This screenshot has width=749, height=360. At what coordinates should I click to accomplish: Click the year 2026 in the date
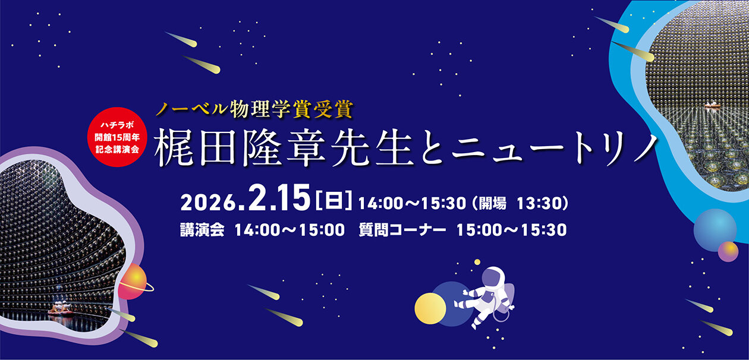pos(209,203)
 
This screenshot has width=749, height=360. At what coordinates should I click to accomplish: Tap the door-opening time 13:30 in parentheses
pos(537,203)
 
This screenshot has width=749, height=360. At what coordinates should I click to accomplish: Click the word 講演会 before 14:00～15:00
pos(202,230)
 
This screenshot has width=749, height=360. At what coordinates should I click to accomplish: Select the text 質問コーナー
pos(402,230)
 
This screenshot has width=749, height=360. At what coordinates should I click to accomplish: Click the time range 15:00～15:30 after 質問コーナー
pos(511,230)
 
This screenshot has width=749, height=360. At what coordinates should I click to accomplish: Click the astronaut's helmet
pos(493,279)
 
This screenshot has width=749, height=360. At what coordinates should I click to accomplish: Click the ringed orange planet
pos(135,279)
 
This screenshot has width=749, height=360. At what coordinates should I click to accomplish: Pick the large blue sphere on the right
pos(715,229)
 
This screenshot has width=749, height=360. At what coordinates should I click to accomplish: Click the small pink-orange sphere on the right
pos(728,251)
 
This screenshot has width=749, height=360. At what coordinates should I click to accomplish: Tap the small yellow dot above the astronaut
pos(477,262)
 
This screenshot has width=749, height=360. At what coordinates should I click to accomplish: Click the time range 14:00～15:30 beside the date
pos(411,203)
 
